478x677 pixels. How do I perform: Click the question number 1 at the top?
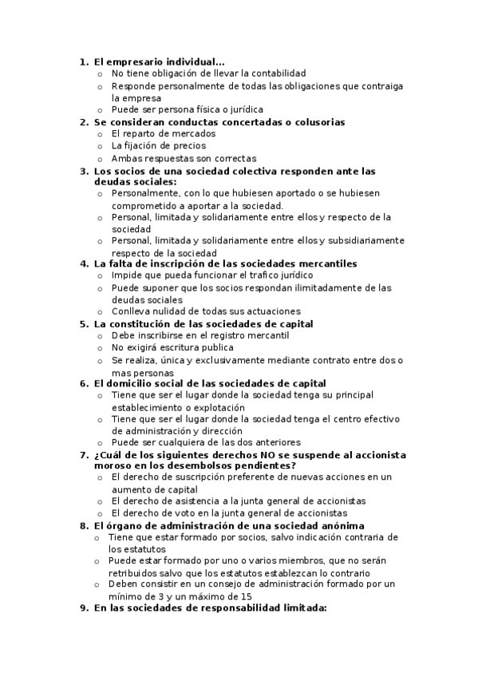[83, 61]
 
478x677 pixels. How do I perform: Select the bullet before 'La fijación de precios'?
[100, 146]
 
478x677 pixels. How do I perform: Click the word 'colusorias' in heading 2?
[315, 122]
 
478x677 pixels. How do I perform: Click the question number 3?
[83, 171]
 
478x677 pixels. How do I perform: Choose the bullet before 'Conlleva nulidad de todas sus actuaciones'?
[100, 311]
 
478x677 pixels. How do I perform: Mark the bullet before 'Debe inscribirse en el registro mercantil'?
[100, 336]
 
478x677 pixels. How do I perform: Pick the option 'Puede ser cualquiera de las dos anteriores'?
[206, 442]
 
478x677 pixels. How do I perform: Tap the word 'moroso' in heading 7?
[113, 465]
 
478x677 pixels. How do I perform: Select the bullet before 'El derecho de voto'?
[100, 513]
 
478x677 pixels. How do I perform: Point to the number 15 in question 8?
[246, 596]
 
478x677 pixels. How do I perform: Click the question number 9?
[83, 608]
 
